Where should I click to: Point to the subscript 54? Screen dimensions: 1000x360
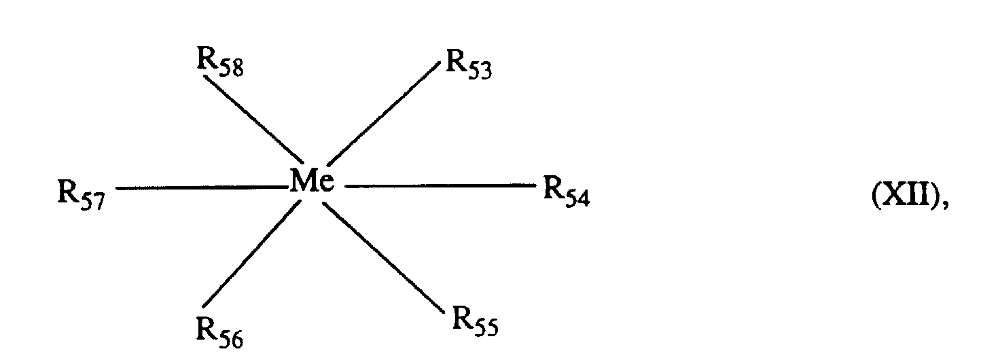[577, 197]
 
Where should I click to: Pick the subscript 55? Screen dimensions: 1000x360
[485, 329]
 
